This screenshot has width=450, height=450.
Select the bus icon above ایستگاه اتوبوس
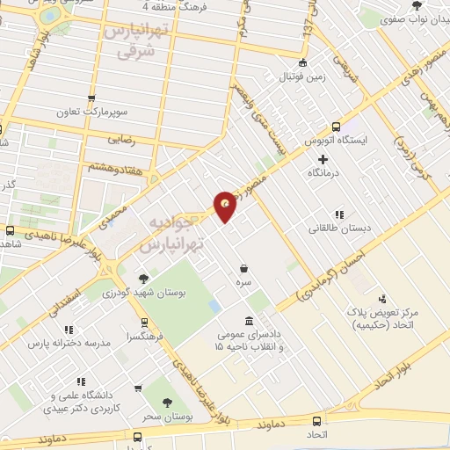337,126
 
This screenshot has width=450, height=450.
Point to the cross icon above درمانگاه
323,159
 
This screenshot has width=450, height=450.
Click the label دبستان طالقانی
329,229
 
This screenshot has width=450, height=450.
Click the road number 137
308,25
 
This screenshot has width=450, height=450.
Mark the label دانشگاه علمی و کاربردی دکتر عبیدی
84,402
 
